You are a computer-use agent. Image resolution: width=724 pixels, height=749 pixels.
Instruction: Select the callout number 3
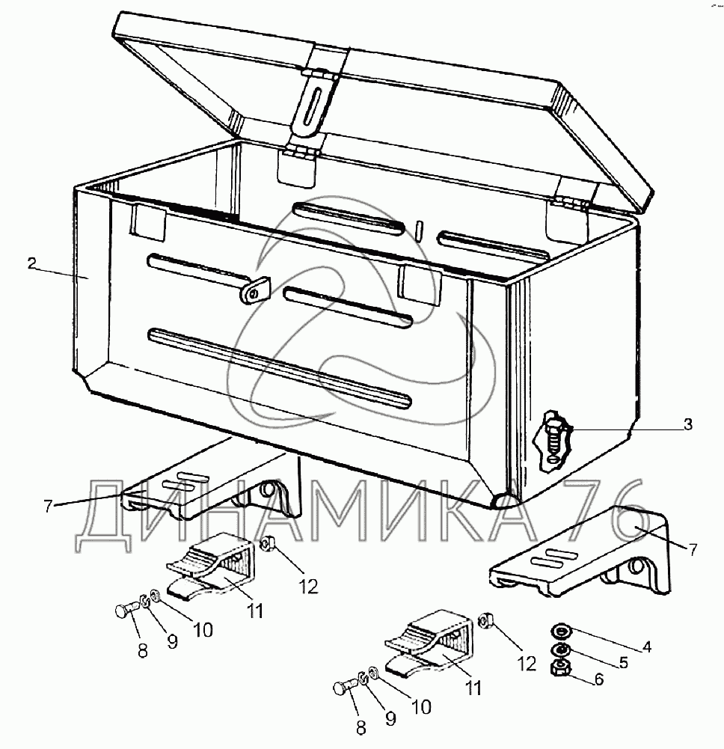pyautogui.click(x=687, y=425)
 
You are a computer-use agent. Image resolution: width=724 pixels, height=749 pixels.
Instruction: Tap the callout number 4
pyautogui.click(x=647, y=646)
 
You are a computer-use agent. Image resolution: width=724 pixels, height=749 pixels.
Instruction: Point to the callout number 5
pyautogui.click(x=623, y=662)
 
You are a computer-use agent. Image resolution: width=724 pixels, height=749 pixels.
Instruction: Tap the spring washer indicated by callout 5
pyautogui.click(x=559, y=647)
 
